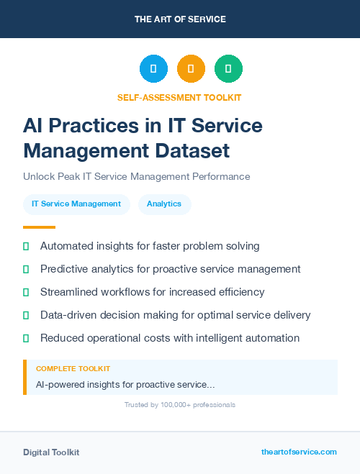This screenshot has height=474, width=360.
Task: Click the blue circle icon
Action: [x=153, y=69]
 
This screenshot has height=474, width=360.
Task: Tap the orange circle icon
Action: [x=191, y=69]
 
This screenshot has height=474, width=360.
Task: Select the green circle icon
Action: [x=228, y=69]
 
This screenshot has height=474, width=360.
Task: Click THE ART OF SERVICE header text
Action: [x=180, y=19]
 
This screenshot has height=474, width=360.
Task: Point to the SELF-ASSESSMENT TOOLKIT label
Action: [x=180, y=97]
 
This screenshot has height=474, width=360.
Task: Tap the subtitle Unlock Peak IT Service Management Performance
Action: [x=136, y=176]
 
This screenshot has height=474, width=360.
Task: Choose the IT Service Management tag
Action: [x=76, y=204]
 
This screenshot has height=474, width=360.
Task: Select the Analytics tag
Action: [x=164, y=204]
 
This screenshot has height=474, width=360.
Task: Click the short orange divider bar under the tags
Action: [x=39, y=227]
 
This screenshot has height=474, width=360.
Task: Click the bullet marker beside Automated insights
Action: [x=26, y=246]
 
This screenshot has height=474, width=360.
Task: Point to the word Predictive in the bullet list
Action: [x=65, y=269]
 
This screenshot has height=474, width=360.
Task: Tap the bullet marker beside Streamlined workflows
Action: [x=26, y=292]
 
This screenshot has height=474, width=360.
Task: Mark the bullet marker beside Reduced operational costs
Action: [x=26, y=338]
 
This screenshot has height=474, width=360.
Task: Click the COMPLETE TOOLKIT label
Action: [x=73, y=369]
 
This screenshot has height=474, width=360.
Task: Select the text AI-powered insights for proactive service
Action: [x=125, y=385]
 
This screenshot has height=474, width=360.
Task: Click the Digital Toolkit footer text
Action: [x=51, y=452]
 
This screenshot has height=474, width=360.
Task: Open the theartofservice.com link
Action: [x=299, y=452]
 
